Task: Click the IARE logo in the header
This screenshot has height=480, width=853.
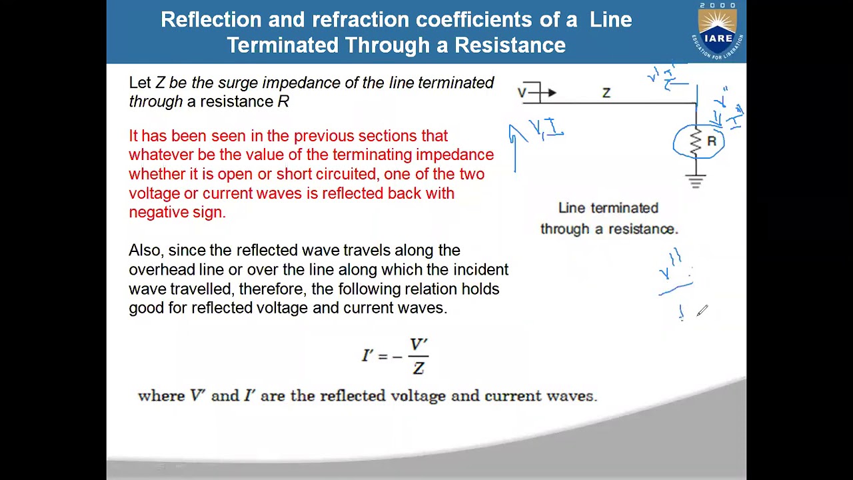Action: [718, 31]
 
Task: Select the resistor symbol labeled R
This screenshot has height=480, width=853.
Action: [696, 142]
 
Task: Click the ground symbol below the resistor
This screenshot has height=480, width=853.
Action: [696, 181]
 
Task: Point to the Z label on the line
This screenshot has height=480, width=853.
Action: [606, 93]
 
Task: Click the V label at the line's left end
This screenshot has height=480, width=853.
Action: [522, 93]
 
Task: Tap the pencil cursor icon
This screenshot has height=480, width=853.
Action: [702, 311]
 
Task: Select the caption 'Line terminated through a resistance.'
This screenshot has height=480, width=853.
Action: [608, 218]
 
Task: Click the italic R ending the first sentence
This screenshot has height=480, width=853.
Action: [283, 102]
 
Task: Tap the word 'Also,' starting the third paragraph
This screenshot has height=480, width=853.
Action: [146, 251]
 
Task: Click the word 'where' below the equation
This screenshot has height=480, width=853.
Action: [161, 396]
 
